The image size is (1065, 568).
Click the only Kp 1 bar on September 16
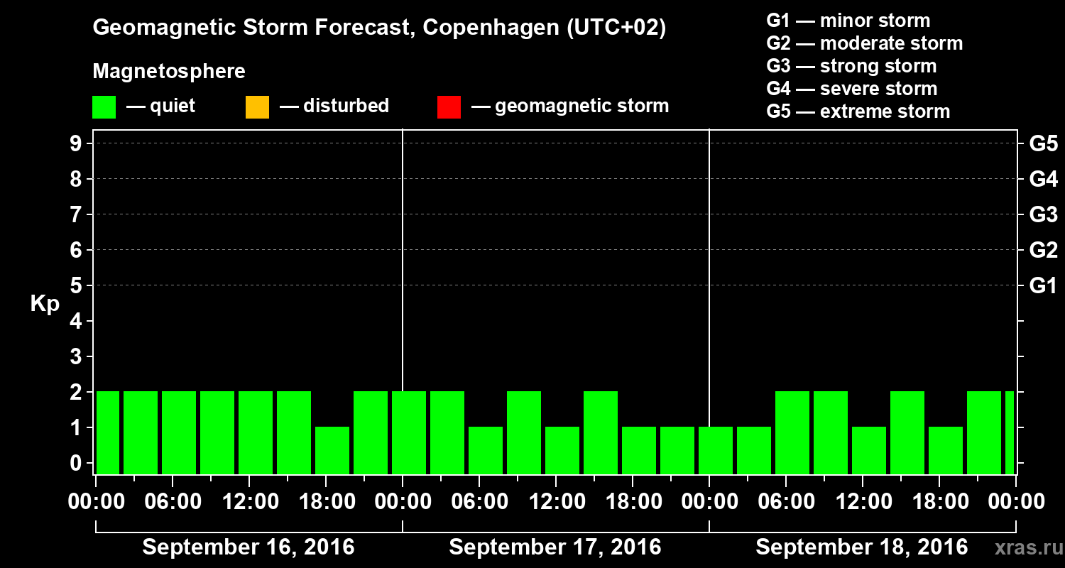332,449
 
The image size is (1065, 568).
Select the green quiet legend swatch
104,106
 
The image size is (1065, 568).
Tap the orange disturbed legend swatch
257,106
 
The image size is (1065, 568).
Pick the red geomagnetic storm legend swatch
449,106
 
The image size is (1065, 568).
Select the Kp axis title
44,304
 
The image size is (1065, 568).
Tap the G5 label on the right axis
1043,143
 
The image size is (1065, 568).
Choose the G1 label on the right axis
1043,285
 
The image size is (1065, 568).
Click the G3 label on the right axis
1043,214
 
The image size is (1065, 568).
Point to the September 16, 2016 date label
248,547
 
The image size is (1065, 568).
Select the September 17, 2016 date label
555,547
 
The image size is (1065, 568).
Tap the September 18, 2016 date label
861,547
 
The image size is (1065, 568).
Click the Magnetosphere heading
169,72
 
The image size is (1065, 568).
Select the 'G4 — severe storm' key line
851,89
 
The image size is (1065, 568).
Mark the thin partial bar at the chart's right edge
1010,432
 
